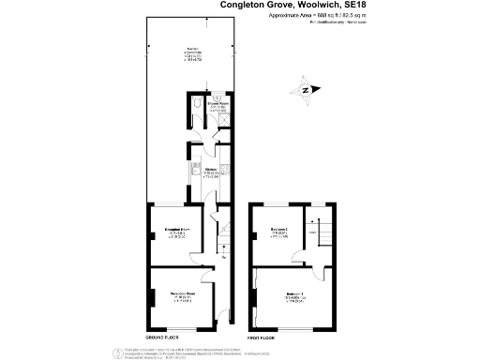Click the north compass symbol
pos(306,92)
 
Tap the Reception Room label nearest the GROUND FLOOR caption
pos(182,294)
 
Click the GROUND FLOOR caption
pos(162,336)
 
